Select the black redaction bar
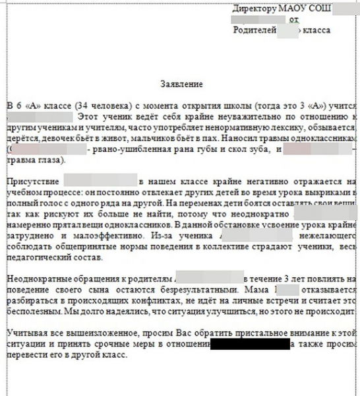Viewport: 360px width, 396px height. [x=250, y=343]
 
